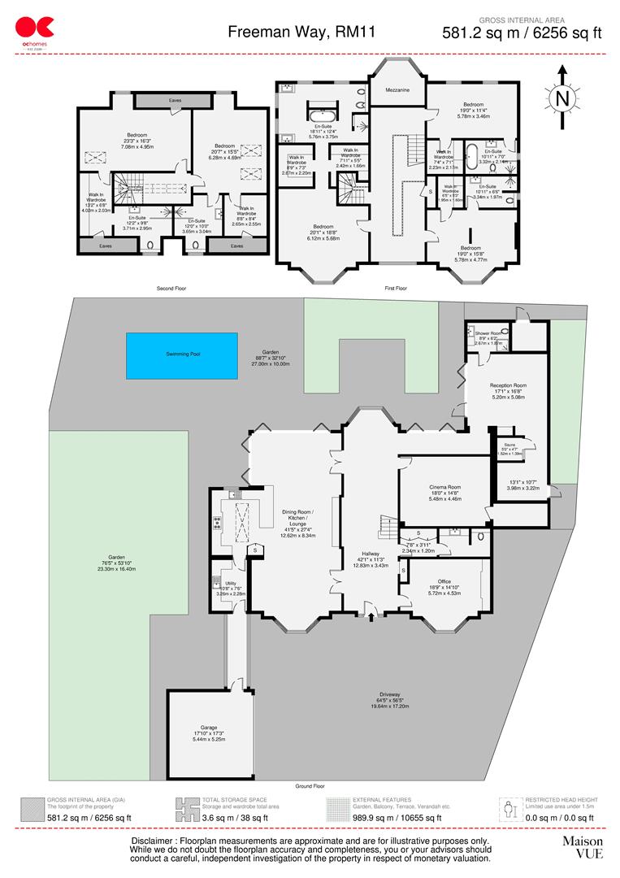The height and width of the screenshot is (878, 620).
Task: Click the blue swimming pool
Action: [x=182, y=355]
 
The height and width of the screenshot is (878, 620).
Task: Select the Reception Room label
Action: [x=508, y=385]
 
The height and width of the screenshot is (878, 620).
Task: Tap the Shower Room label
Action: [x=489, y=333]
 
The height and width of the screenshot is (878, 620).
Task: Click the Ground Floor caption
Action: [x=310, y=787]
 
